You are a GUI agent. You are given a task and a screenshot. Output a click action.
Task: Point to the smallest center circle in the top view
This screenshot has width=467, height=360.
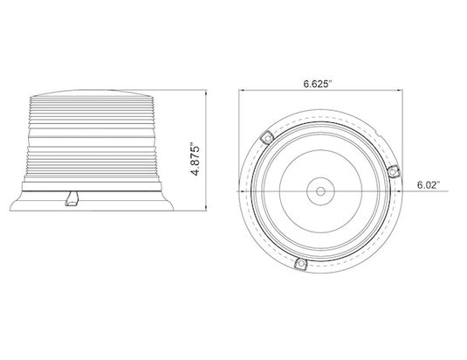[x=320, y=190]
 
